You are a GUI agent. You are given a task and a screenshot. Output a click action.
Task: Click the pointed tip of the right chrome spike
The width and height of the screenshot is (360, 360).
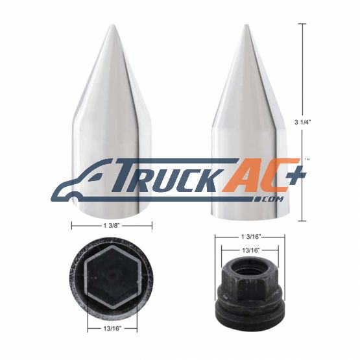pyautogui.click(x=246, y=25)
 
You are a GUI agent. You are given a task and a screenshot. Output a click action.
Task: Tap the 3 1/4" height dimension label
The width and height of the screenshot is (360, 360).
pyautogui.click(x=302, y=122)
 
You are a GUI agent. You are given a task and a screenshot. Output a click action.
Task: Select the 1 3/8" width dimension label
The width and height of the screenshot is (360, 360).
pyautogui.click(x=111, y=226)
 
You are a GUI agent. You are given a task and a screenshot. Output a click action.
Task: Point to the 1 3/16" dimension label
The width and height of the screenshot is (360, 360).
pyautogui.click(x=250, y=237)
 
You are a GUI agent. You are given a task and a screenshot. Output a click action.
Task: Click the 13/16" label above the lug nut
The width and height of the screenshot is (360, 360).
pyautogui.click(x=250, y=250)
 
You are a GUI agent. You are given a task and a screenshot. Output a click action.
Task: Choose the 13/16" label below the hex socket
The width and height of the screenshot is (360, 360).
pyautogui.click(x=112, y=328)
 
